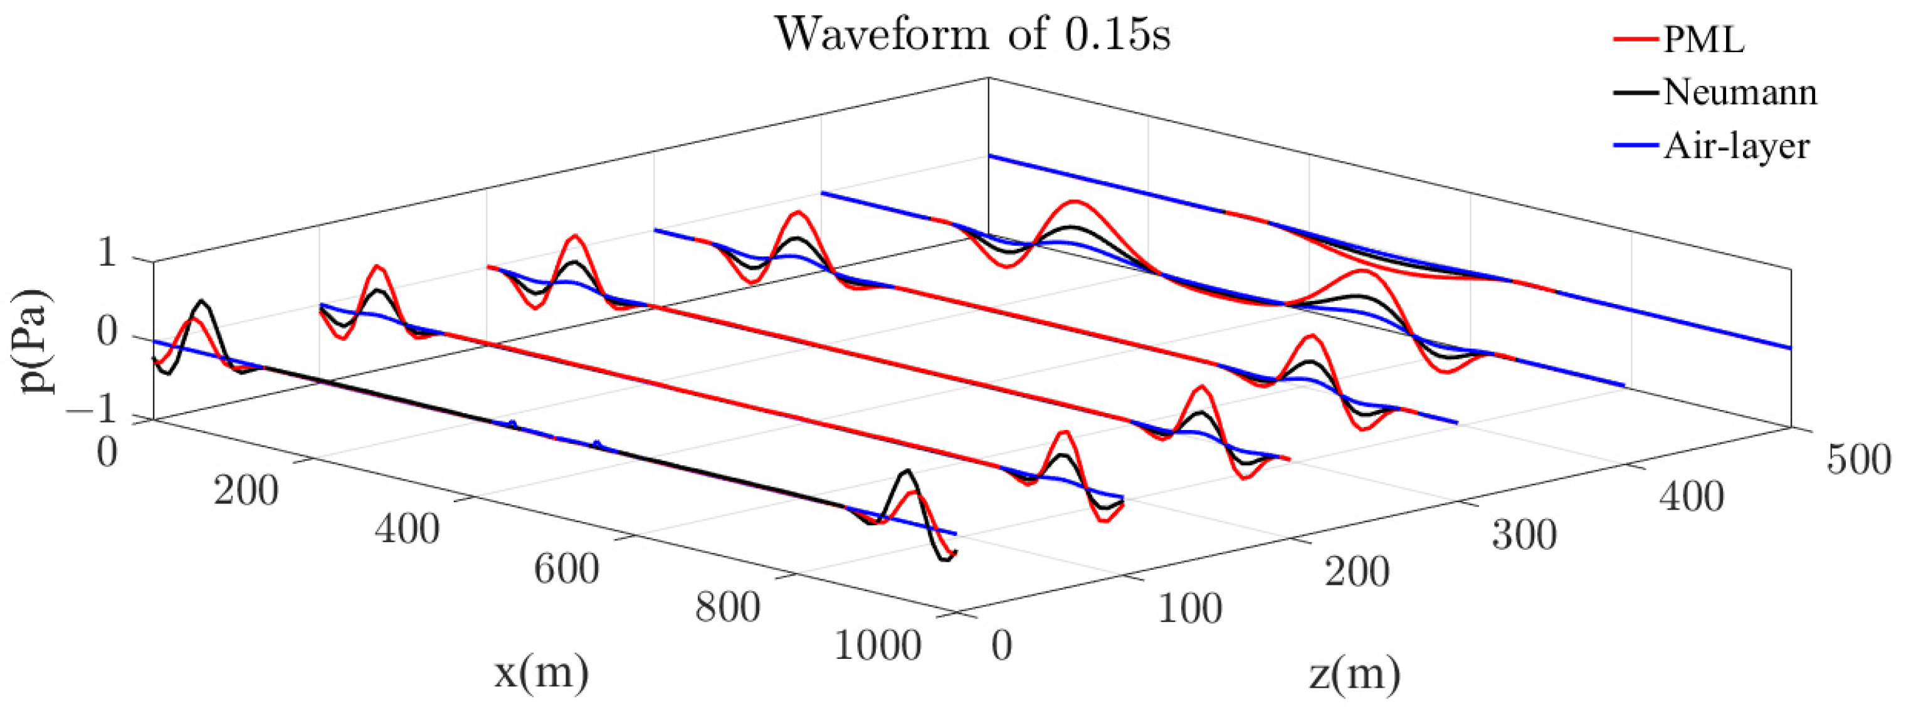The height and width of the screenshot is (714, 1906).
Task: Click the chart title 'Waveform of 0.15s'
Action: [972, 34]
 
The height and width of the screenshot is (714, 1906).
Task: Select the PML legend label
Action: [1703, 39]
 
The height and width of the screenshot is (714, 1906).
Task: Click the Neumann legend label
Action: [1739, 93]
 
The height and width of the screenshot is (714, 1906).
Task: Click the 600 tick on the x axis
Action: [566, 570]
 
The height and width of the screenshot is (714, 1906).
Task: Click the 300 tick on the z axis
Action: [1524, 535]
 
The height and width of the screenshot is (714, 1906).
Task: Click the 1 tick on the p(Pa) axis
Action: [107, 255]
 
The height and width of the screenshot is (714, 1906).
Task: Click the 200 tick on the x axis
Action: [246, 491]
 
